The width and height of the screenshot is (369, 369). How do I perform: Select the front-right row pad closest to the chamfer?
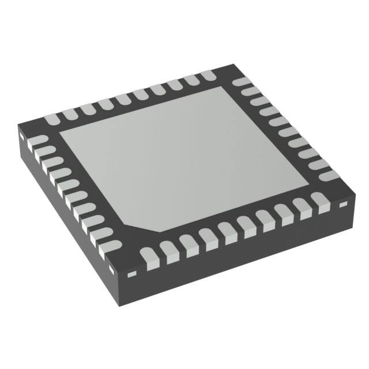[x=149, y=254]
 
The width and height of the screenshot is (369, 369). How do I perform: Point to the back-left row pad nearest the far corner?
[x=206, y=77]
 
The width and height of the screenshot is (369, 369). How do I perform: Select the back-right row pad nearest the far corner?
[x=240, y=83]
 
